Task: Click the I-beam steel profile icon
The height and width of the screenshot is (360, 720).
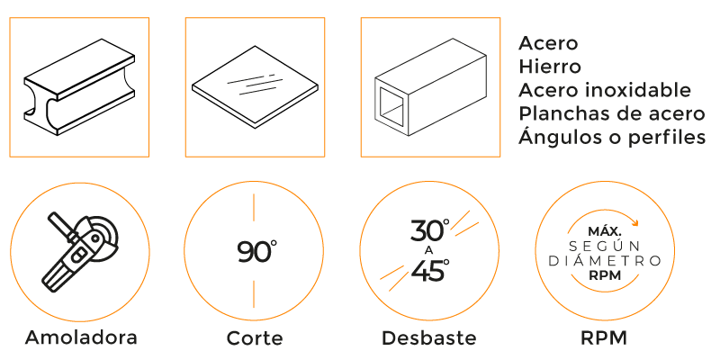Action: pos(79,87)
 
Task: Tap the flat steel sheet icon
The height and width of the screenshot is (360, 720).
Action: pos(255,86)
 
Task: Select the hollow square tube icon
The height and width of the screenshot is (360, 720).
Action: pos(430,87)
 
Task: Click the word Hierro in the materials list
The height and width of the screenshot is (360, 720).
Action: pos(550,67)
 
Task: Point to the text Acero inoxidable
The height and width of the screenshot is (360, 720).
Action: pos(605,90)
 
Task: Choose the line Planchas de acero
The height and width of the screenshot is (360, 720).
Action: pos(612,113)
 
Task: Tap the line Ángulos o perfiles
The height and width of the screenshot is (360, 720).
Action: pos(612,137)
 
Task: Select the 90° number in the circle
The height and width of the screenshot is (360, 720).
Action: pos(257,251)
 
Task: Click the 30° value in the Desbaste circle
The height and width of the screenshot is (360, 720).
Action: pos(430,230)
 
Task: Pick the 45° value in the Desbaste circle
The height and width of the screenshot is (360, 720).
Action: pos(430,271)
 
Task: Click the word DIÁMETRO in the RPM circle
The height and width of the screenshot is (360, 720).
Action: pos(605,261)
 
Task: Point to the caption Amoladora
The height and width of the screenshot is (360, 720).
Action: pos(81,337)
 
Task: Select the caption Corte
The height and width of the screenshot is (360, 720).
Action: pos(255,338)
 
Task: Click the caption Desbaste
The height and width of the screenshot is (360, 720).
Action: pos(429,338)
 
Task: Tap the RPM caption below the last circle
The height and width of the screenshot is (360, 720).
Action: pos(604,338)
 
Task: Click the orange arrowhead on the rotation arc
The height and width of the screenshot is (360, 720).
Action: pos(634,223)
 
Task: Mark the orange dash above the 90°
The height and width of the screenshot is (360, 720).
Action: pos(254,207)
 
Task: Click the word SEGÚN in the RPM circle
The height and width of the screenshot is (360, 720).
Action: pos(605,246)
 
